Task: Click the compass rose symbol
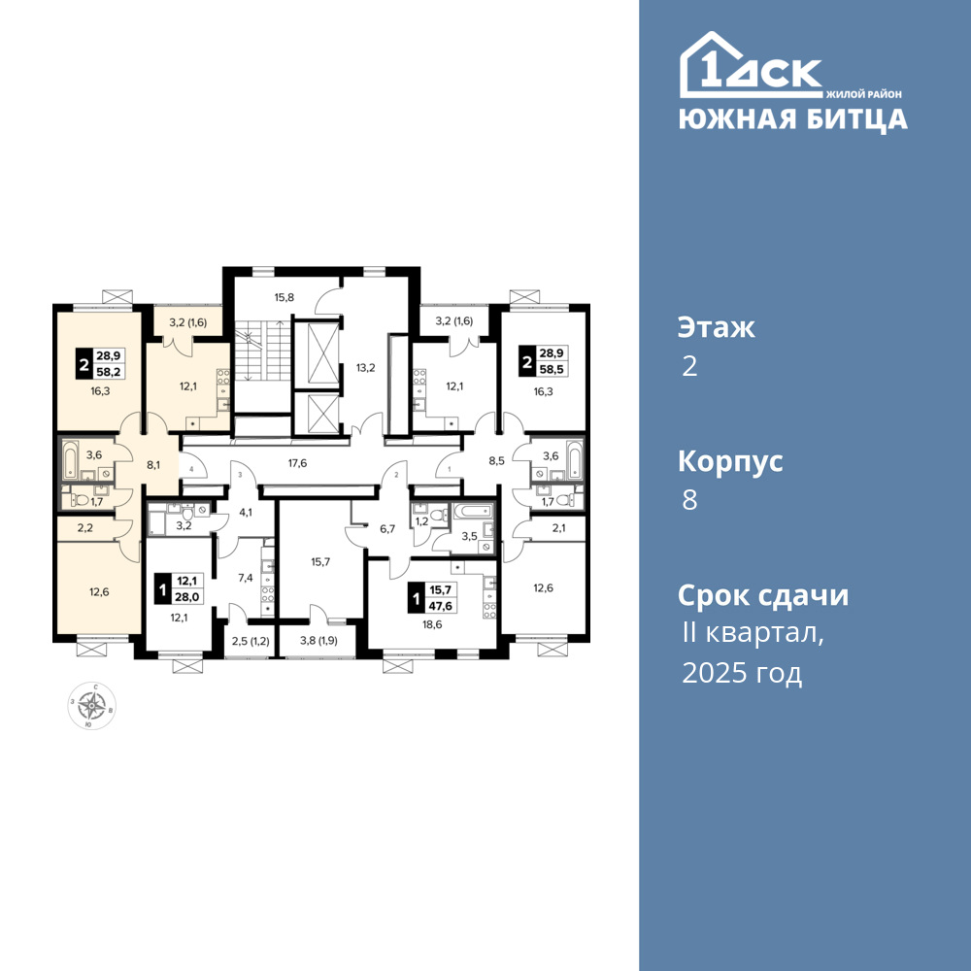click(91, 705)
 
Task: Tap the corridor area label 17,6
click(298, 462)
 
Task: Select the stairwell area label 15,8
click(285, 297)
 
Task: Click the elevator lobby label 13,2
click(366, 368)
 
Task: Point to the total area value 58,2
click(109, 372)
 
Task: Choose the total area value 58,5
click(552, 370)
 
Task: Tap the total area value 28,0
click(187, 597)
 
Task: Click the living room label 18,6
click(432, 624)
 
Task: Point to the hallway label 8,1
click(154, 462)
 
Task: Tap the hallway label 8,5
click(496, 460)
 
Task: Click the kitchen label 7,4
click(246, 578)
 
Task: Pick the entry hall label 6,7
click(387, 529)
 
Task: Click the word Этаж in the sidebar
click(717, 327)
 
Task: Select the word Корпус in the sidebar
click(731, 462)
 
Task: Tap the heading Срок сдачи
click(763, 596)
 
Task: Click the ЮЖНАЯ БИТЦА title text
click(793, 118)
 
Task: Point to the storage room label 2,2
click(84, 528)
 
